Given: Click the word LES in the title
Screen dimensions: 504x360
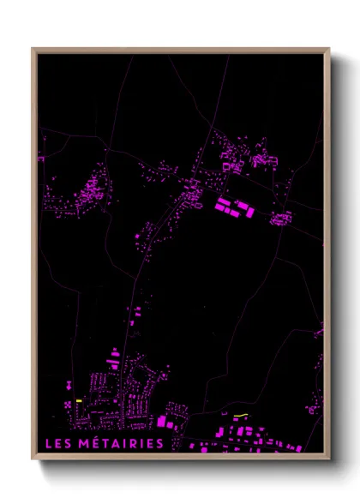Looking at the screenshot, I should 58,443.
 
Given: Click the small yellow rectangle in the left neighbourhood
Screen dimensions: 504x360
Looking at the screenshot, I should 78,400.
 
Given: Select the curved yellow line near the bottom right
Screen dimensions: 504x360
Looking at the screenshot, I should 241,417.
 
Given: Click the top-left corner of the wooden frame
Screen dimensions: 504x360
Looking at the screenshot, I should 33,49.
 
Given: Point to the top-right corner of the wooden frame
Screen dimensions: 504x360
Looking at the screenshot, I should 329,49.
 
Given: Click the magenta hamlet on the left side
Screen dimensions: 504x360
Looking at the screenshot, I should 86,193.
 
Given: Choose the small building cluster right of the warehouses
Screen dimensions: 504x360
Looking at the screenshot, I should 280,219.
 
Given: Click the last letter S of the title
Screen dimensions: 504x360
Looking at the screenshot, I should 159,443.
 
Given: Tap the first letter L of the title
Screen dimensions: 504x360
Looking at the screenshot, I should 46,443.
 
